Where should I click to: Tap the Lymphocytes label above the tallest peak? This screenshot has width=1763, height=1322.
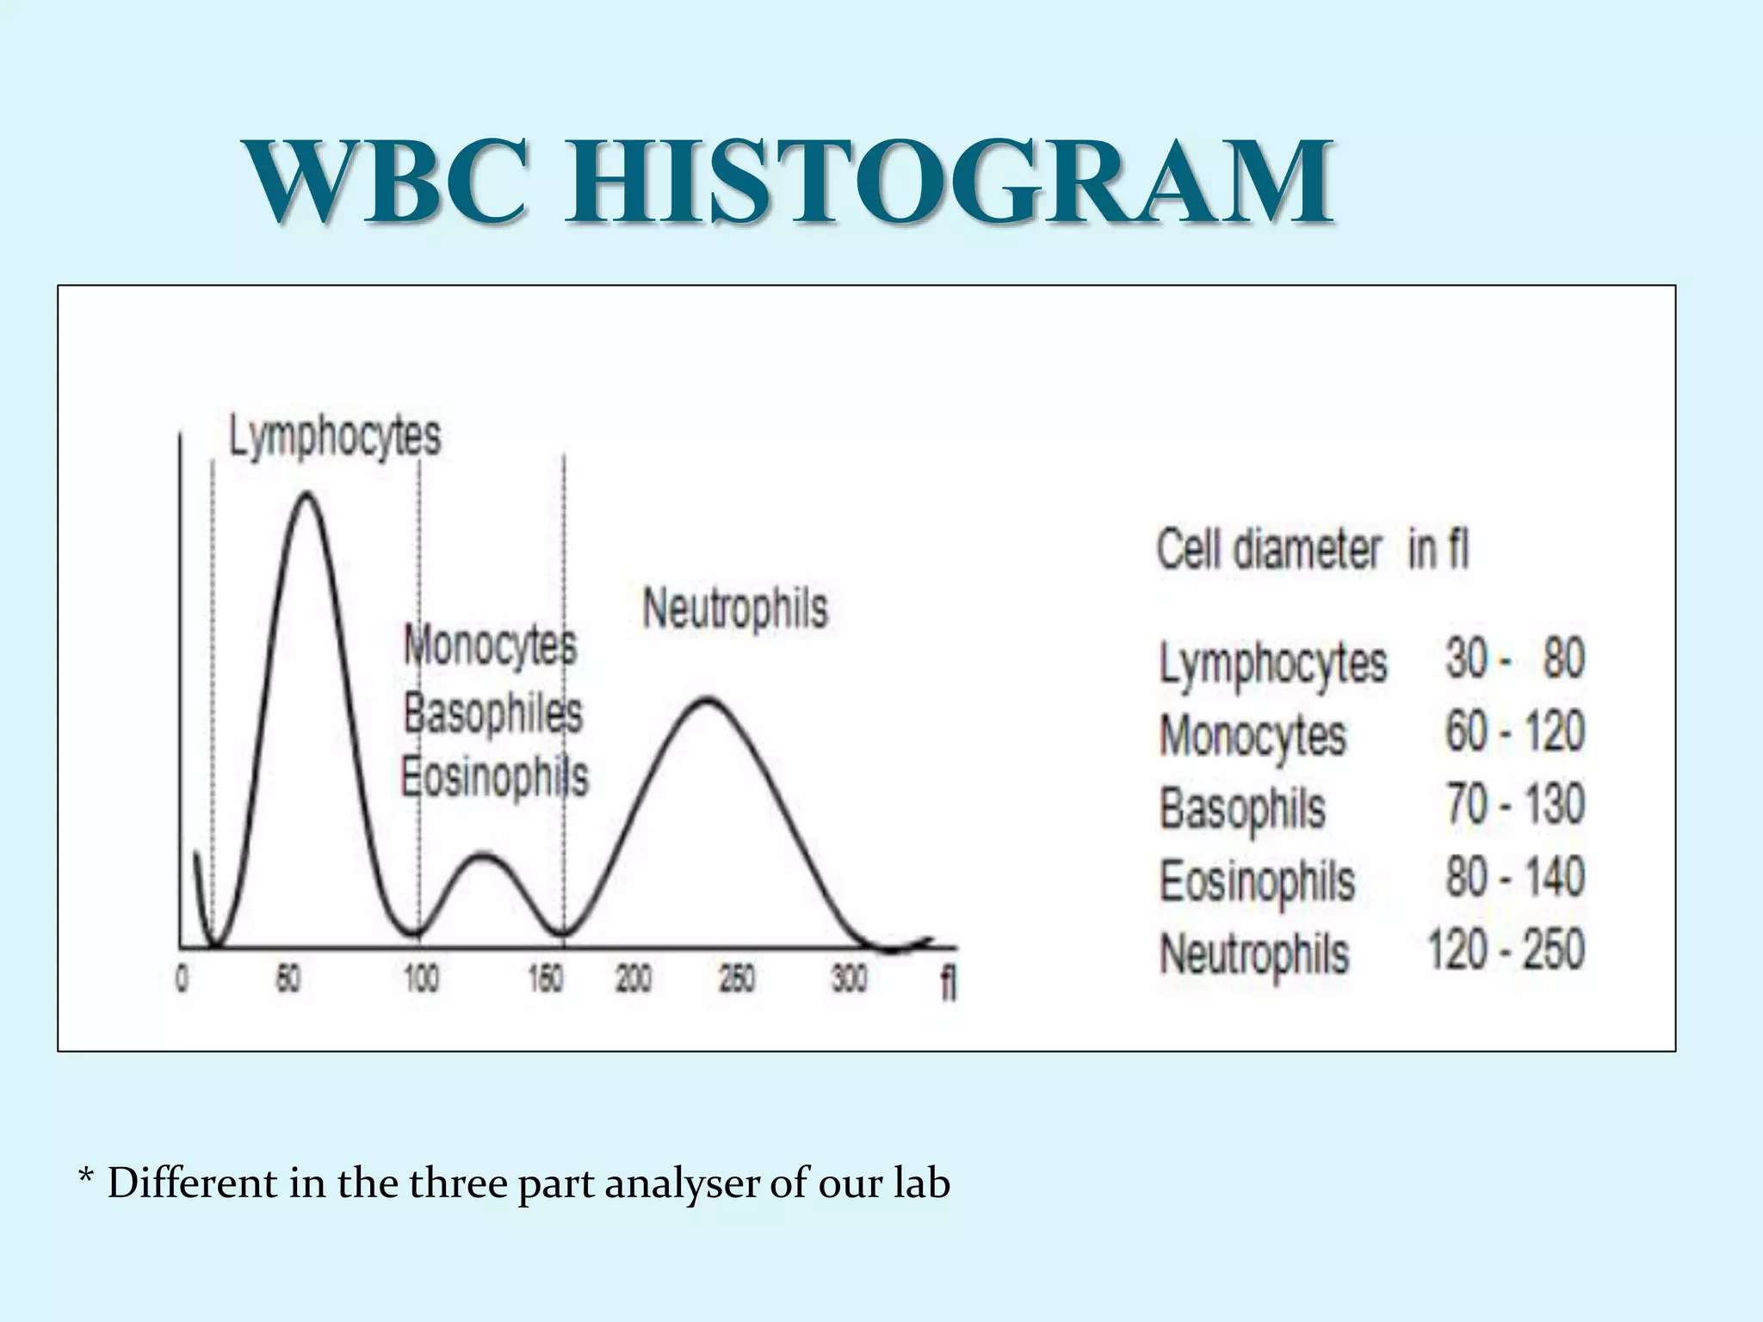coord(335,437)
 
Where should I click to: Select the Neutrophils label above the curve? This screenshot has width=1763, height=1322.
coord(735,608)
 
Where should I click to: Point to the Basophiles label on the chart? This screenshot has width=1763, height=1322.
coord(493,714)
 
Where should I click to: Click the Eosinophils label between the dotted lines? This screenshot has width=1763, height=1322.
coord(494,777)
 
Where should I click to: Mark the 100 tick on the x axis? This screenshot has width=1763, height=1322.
coord(421,979)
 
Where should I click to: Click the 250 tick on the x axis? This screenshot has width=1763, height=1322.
coord(737,979)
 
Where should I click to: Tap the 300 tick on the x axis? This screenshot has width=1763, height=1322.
coord(849,979)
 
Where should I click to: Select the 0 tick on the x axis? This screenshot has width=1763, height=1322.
coord(182,979)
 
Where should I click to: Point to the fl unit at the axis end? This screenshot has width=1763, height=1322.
coord(948,982)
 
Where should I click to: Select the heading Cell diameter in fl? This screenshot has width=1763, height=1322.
coord(1311,549)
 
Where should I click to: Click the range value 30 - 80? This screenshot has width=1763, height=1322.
coord(1514,660)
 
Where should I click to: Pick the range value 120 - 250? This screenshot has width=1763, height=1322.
coord(1506,951)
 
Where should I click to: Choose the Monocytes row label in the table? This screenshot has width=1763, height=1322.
coord(1253,737)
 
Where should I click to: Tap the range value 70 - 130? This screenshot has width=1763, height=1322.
coord(1514,806)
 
